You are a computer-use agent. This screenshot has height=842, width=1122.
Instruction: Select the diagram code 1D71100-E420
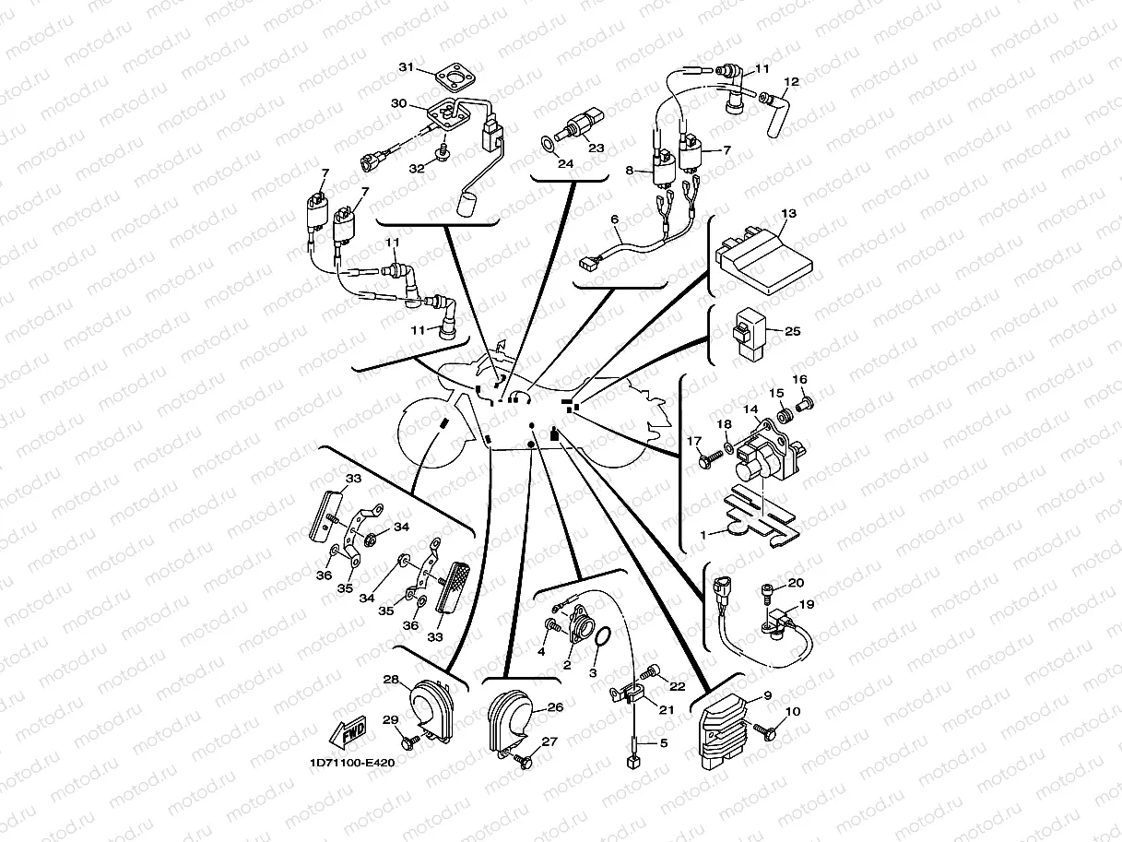352,764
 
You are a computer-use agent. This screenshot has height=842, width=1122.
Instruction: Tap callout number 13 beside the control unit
788,213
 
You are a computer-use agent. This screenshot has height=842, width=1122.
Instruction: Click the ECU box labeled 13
763,261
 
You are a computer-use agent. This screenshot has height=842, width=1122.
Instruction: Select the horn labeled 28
432,709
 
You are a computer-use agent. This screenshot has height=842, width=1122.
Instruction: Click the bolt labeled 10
764,731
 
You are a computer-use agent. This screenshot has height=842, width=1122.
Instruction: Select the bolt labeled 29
409,741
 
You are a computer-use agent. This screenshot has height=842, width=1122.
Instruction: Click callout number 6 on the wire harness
614,219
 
